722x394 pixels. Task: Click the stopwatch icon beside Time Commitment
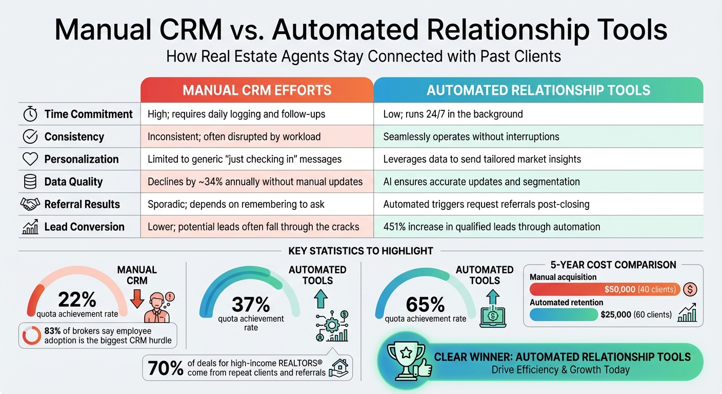point(31,114)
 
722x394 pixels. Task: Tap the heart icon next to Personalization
point(31,159)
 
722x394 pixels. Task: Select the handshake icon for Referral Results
point(30,204)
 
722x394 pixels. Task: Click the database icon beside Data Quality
point(31,182)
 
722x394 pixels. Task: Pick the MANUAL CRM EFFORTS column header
point(257,90)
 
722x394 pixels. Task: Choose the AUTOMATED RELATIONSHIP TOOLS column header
point(538,90)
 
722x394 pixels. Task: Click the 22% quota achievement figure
point(76,299)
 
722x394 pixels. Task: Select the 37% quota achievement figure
point(251,305)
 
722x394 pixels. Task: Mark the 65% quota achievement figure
point(425,305)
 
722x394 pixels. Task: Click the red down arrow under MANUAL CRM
point(137,298)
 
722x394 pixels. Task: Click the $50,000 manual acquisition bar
point(605,289)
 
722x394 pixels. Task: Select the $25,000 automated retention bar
point(564,314)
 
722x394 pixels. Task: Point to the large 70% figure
point(165,368)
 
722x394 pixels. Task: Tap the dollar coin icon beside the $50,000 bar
point(691,289)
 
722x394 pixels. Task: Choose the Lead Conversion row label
point(84,227)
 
